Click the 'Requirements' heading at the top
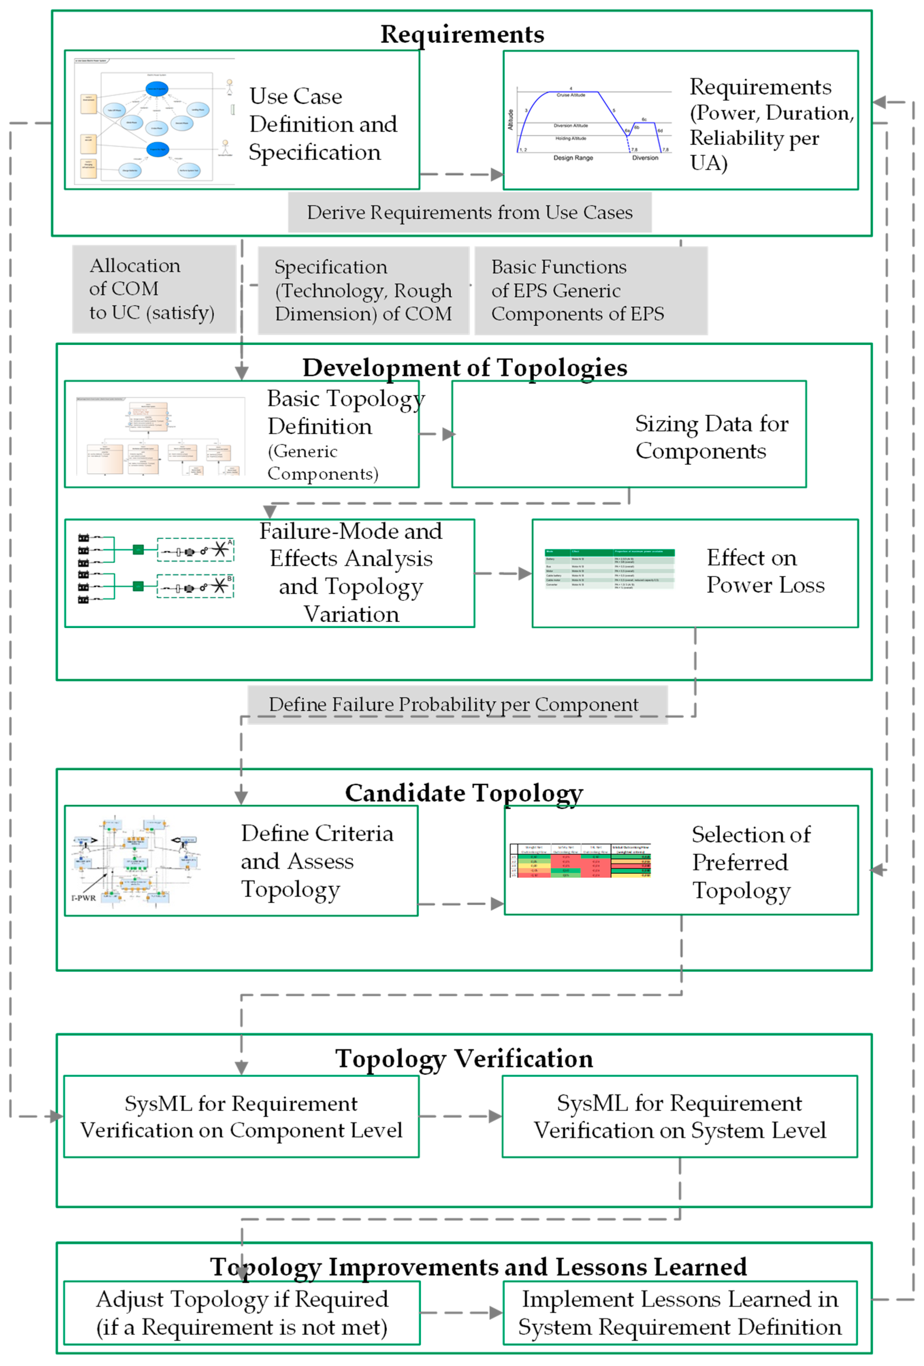tap(462, 34)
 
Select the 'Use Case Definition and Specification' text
tap(322, 124)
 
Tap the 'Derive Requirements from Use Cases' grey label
tap(469, 212)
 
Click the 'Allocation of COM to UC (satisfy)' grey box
tap(154, 289)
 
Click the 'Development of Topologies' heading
tap(464, 368)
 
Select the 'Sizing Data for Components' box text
tap(711, 437)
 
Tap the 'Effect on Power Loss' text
tap(765, 571)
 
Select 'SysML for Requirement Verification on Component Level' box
tap(241, 1116)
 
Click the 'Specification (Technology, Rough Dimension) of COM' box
tap(363, 290)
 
